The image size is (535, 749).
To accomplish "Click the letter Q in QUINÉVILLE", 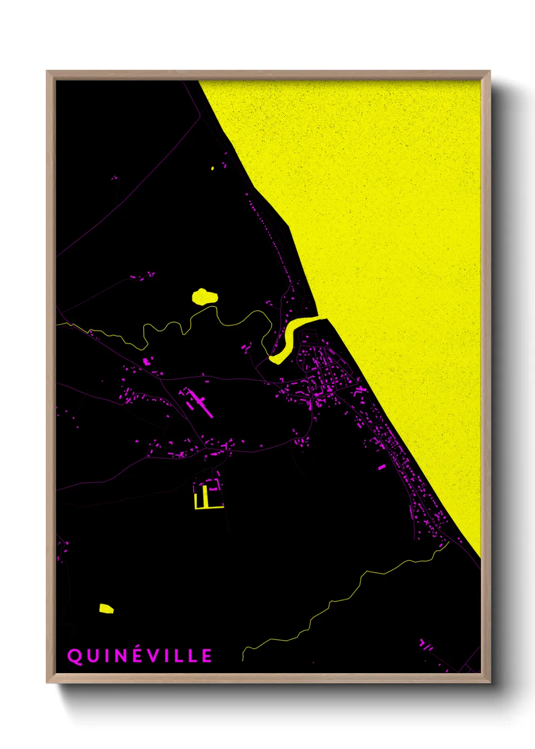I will click(x=74, y=656).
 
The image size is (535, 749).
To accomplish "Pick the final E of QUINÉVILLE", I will click(x=207, y=656).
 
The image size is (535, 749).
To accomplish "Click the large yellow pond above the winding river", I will click(x=204, y=296).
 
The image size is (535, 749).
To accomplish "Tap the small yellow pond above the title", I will click(x=106, y=608).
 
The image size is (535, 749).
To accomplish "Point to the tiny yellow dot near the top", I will click(x=212, y=168).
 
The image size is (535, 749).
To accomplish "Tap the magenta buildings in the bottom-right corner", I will click(x=426, y=646).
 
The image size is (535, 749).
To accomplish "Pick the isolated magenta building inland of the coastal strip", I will click(x=381, y=468).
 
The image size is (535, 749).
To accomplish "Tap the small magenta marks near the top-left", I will click(x=114, y=178).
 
